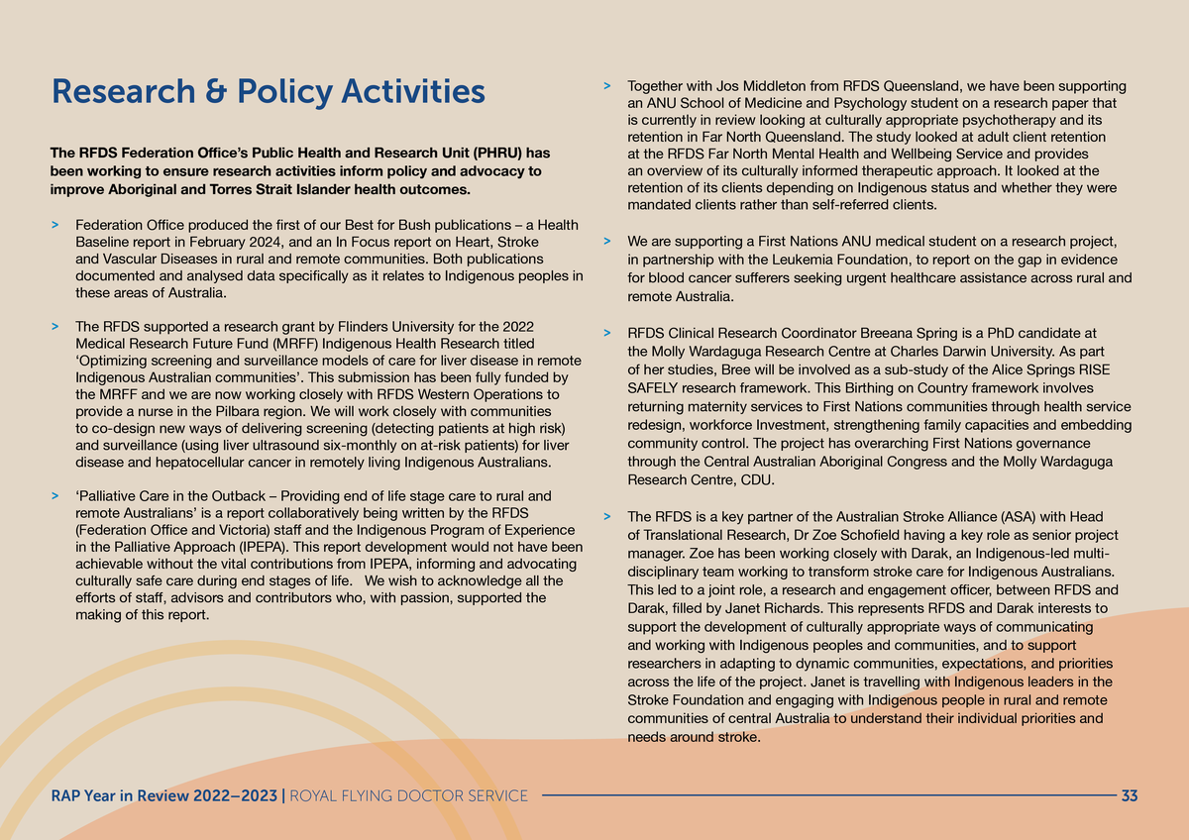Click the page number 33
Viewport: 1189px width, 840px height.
coord(1129,795)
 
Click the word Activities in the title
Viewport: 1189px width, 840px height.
coord(413,92)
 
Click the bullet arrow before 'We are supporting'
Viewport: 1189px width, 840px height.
coord(606,242)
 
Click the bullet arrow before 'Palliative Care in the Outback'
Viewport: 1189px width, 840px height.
coord(55,495)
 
